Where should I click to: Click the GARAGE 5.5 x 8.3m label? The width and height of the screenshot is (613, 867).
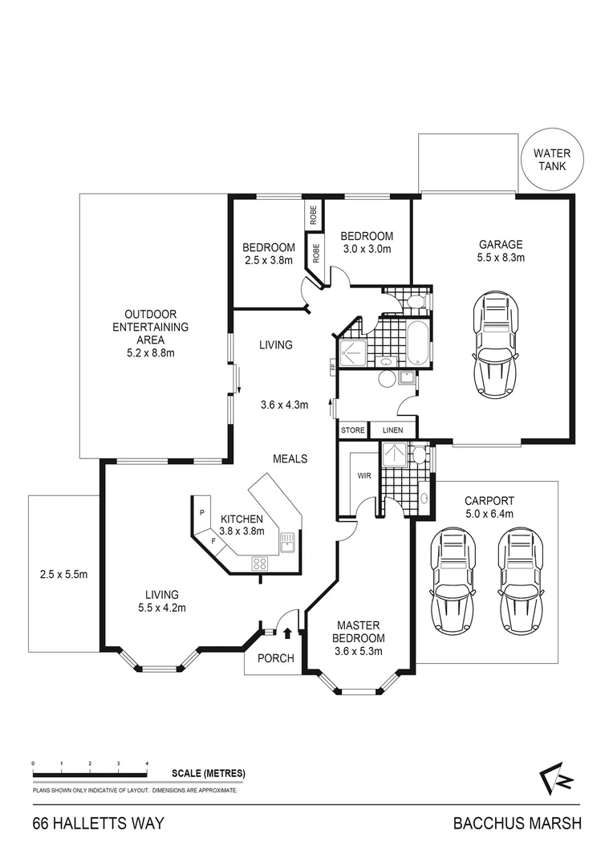pyautogui.click(x=501, y=251)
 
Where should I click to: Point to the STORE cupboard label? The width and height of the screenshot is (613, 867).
pyautogui.click(x=352, y=431)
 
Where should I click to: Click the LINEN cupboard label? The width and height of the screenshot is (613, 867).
pyautogui.click(x=392, y=431)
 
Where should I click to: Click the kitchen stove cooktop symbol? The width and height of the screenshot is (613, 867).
pyautogui.click(x=260, y=562)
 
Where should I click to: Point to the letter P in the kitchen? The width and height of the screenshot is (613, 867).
pyautogui.click(x=202, y=512)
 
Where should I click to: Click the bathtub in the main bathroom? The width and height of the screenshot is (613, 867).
pyautogui.click(x=417, y=341)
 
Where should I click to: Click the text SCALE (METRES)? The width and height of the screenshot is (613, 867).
pyautogui.click(x=208, y=774)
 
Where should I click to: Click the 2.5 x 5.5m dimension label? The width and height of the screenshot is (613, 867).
pyautogui.click(x=63, y=574)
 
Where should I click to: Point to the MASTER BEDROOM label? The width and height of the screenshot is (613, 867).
pyautogui.click(x=359, y=632)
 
